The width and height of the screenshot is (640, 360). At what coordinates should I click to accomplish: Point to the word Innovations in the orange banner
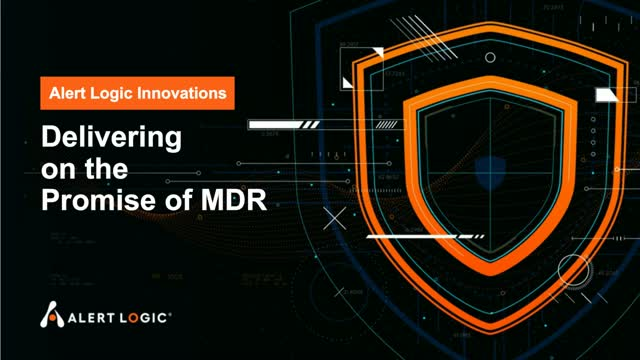[x=189, y=94]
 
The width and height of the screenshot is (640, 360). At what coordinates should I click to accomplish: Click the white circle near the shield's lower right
[x=573, y=269]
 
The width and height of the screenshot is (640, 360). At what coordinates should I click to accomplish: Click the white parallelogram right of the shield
[x=609, y=96]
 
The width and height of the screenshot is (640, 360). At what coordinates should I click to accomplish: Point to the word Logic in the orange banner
[x=121, y=94]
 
